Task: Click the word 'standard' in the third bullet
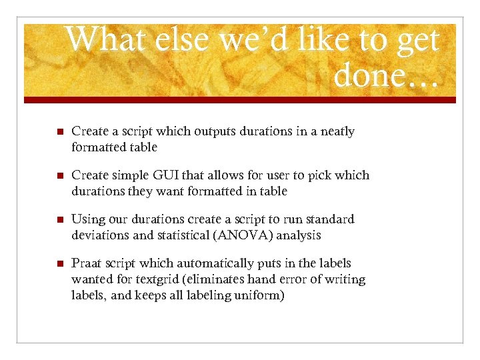tap(330, 219)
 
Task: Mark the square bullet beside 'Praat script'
tap(60, 264)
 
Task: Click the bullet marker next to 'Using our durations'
tap(60, 220)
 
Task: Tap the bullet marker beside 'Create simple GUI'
tap(60, 176)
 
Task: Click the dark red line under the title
tap(240, 100)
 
